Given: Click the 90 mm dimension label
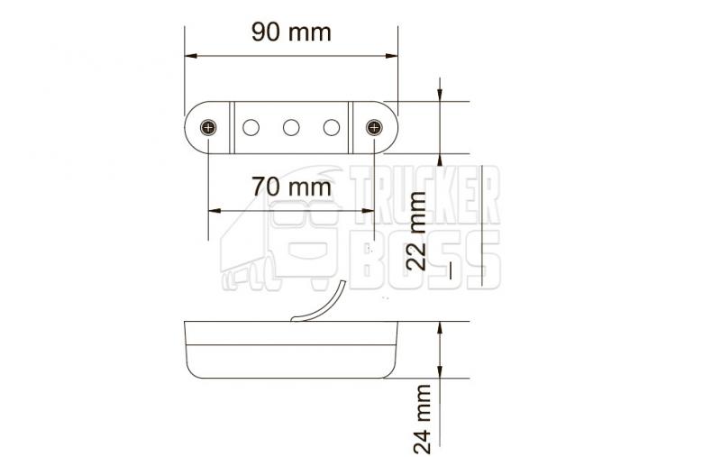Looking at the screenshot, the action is tap(291, 32).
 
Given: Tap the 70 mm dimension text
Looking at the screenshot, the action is tap(291, 187).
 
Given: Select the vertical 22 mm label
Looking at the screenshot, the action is tap(417, 231).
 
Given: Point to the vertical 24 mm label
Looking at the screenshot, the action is tap(421, 419).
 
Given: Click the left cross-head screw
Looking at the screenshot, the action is tap(208, 127).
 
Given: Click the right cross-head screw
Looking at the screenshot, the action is tap(374, 127).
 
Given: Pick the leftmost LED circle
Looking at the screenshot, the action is tap(251, 127).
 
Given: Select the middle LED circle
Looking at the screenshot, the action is tap(291, 127).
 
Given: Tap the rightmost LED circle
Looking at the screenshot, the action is tap(332, 127).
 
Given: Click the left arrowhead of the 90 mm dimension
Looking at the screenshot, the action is tap(190, 56).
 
